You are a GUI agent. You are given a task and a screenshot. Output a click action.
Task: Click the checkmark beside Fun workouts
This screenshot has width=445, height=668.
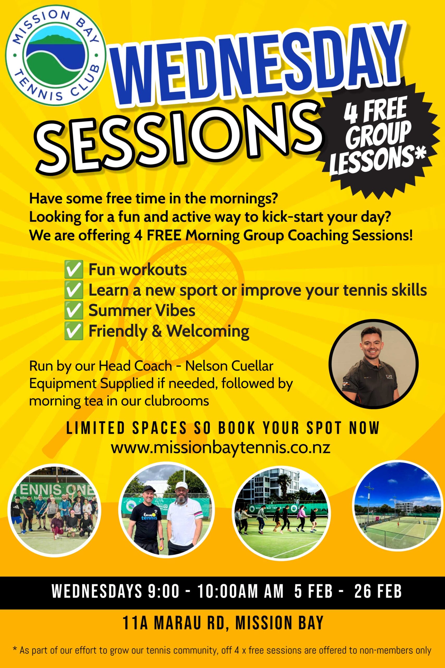(74, 270)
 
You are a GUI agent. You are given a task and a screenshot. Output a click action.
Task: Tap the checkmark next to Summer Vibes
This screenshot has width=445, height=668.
(74, 311)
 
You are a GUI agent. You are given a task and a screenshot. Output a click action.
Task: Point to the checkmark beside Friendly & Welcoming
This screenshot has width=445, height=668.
(74, 331)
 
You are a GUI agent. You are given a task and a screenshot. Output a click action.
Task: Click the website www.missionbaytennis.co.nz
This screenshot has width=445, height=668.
(221, 448)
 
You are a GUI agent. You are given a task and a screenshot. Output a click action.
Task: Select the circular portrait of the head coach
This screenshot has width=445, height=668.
(374, 364)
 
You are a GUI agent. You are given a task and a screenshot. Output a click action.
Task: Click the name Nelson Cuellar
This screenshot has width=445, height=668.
(229, 366)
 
